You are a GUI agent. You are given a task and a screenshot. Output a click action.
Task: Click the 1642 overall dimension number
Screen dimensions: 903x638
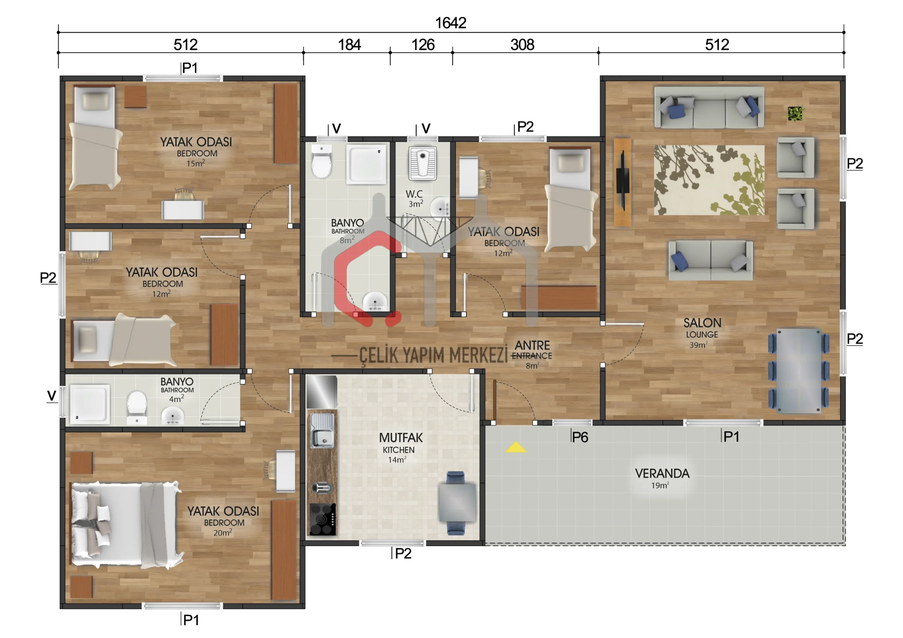pyautogui.click(x=451, y=23)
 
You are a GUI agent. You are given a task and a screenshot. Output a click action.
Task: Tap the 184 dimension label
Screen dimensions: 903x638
pyautogui.click(x=349, y=44)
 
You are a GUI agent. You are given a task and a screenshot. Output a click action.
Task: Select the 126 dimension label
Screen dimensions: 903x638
pyautogui.click(x=423, y=44)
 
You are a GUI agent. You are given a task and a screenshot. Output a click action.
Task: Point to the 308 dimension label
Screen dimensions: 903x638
pyautogui.click(x=522, y=44)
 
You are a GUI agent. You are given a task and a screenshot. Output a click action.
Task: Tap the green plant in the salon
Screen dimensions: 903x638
pyautogui.click(x=795, y=114)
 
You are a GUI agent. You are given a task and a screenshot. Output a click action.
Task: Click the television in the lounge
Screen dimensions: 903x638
pyautogui.click(x=623, y=182)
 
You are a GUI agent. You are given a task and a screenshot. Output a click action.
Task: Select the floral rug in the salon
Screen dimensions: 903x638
pyautogui.click(x=709, y=180)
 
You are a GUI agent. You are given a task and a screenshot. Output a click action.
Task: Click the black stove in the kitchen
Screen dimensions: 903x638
pyautogui.click(x=322, y=519)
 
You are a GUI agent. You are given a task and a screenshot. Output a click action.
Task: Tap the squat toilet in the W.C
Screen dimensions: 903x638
pyautogui.click(x=422, y=163)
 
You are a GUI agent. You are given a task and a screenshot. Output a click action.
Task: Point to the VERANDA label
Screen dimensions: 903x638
pyautogui.click(x=662, y=473)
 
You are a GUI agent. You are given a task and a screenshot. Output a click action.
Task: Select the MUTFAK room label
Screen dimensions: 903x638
pyautogui.click(x=401, y=437)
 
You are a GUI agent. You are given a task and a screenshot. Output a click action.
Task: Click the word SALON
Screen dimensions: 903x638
pyautogui.click(x=702, y=323)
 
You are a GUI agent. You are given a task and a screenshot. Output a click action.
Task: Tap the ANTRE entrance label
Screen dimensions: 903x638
pyautogui.click(x=532, y=345)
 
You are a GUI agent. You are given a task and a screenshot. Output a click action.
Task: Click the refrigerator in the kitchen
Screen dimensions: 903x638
pyautogui.click(x=322, y=392)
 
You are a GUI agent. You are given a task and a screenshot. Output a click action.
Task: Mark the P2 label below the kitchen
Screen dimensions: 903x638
pyautogui.click(x=403, y=553)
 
